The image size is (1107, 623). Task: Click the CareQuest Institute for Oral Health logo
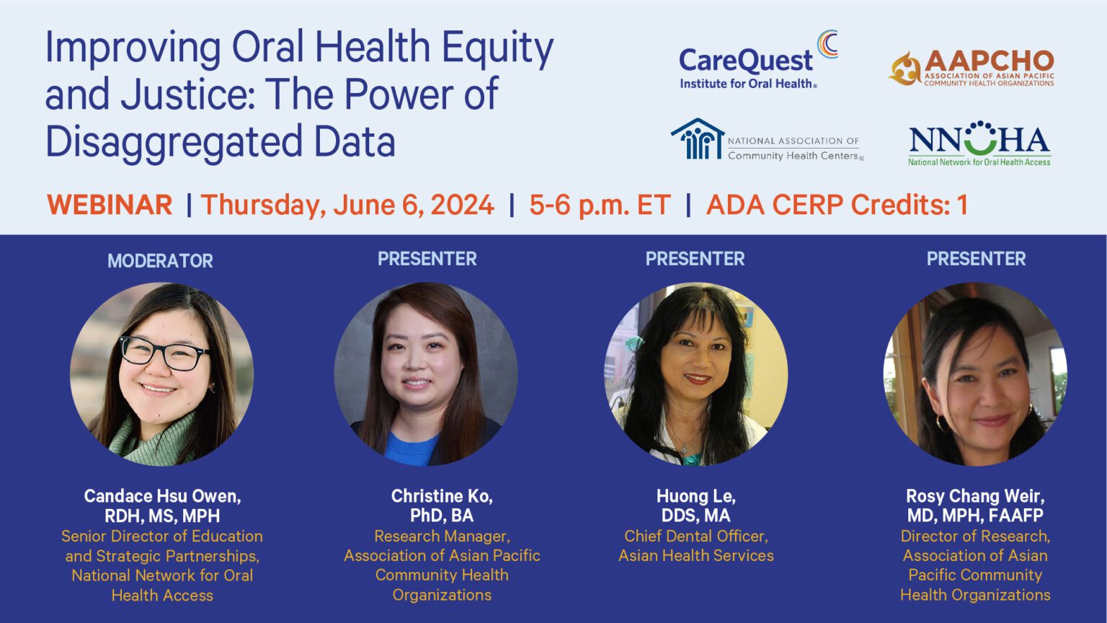(x=758, y=61)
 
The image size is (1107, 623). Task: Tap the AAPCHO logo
(x=971, y=69)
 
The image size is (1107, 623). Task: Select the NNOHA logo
(x=979, y=143)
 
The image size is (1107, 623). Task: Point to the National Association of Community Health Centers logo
(x=768, y=140)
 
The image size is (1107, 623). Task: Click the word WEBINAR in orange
(x=110, y=205)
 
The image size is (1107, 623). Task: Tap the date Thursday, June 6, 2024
(x=347, y=206)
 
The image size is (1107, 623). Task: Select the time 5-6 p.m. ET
(x=600, y=206)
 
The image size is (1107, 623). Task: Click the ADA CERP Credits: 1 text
(x=837, y=205)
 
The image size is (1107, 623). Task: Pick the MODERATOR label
(x=160, y=260)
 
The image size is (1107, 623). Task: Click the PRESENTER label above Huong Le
(x=695, y=259)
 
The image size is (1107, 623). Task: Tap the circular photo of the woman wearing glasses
(x=162, y=374)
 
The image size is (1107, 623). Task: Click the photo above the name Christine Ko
(x=426, y=374)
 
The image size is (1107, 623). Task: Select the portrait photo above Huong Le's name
(x=696, y=374)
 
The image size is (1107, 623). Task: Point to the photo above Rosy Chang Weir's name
(x=975, y=374)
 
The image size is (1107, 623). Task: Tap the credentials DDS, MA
(x=695, y=516)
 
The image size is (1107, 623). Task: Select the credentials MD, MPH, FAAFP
(x=975, y=516)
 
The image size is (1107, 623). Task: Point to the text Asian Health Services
(x=695, y=556)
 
